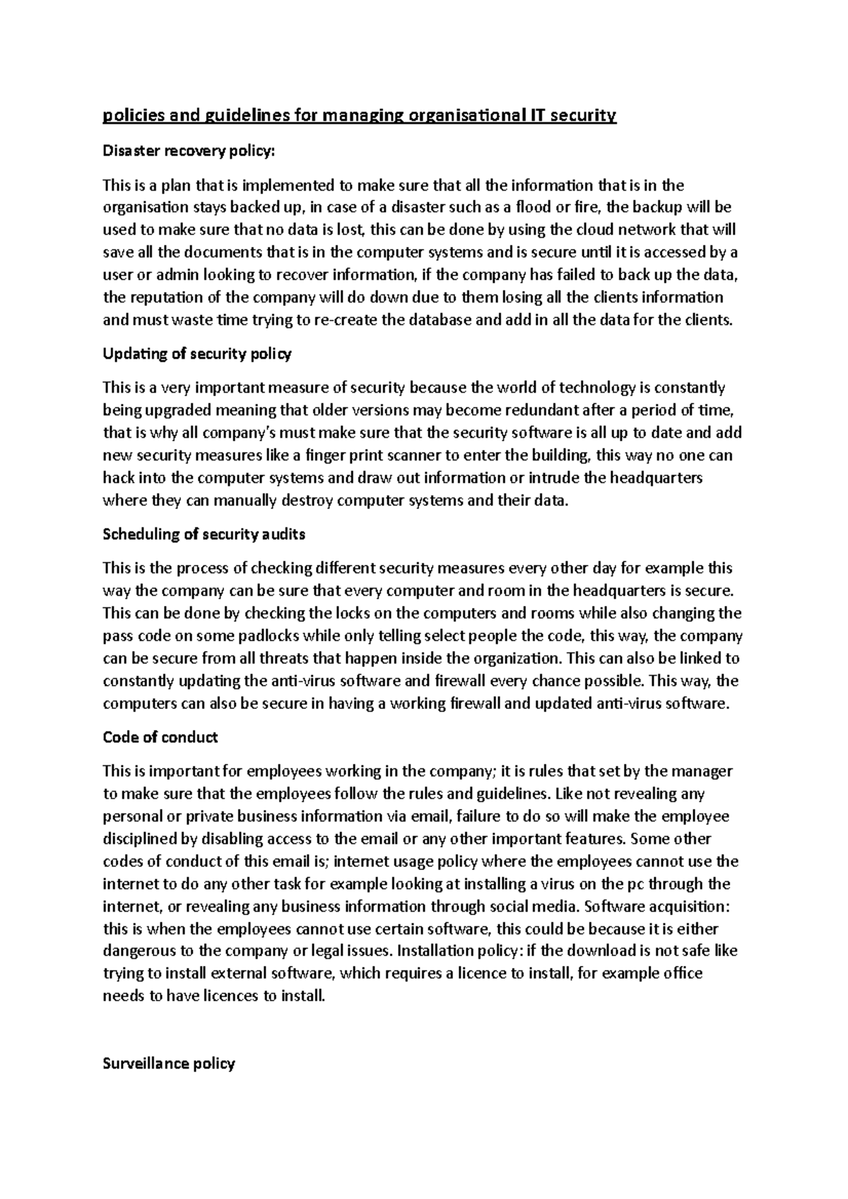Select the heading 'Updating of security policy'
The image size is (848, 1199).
[x=197, y=354]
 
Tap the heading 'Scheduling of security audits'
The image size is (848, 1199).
[x=204, y=534]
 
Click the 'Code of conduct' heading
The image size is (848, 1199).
[x=160, y=737]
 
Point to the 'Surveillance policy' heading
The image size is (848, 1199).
[x=168, y=1063]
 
